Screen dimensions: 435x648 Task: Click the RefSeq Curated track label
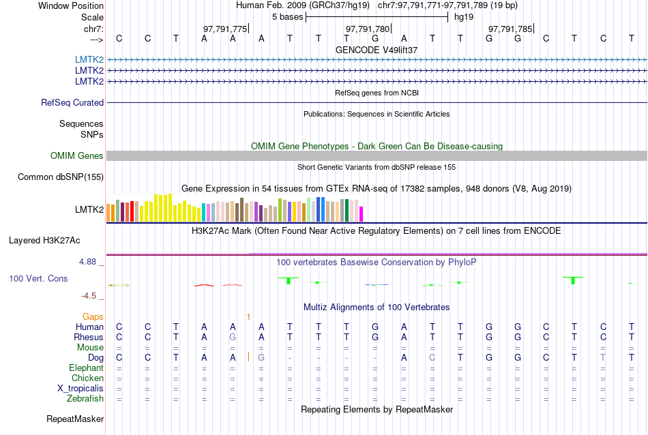(72, 103)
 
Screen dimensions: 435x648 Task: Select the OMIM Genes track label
(77, 156)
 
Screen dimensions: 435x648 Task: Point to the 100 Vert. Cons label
(38, 279)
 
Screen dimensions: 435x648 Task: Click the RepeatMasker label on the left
(75, 419)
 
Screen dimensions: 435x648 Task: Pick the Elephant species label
(86, 368)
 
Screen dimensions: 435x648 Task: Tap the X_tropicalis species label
(80, 389)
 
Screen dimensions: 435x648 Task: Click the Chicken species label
(87, 378)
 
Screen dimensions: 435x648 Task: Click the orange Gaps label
(93, 317)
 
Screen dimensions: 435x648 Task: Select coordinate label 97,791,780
(368, 29)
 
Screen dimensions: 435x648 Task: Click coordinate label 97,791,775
(225, 29)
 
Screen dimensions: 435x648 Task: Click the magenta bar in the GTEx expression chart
(362, 213)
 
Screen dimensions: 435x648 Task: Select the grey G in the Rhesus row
(233, 337)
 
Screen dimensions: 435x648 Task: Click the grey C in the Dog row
(432, 357)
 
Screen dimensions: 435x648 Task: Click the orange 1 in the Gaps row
(249, 317)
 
